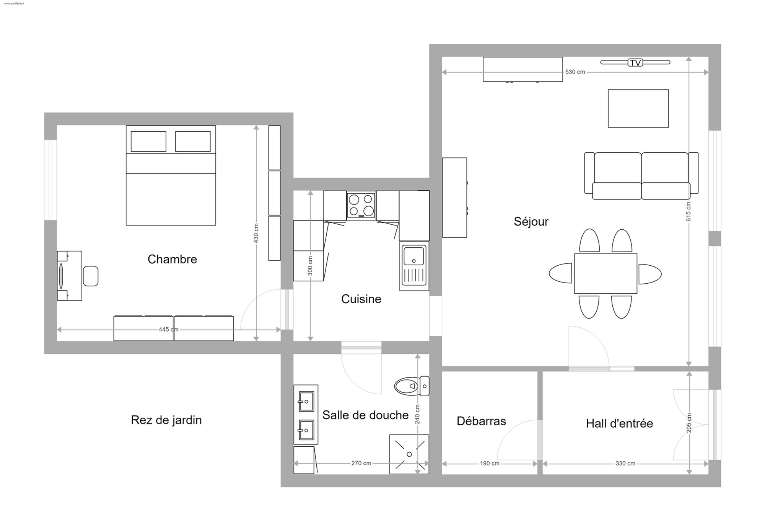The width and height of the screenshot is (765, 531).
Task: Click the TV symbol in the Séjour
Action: pos(635,62)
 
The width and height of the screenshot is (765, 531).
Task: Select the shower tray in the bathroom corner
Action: pos(409,454)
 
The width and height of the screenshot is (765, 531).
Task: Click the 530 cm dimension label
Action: pos(575,72)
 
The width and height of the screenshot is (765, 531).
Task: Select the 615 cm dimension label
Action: pos(688,211)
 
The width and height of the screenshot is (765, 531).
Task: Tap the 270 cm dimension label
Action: pos(361,463)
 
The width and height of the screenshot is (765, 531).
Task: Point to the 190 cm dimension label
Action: pos(490,464)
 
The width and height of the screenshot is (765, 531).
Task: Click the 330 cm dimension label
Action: pos(625,464)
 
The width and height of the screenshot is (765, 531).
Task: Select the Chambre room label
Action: pos(172,259)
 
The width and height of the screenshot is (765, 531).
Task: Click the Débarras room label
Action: pos(481,421)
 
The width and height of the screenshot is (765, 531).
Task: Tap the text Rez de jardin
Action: pos(166,420)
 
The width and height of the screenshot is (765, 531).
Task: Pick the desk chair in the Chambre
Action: pos(91,276)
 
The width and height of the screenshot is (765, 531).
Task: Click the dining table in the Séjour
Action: pos(605,274)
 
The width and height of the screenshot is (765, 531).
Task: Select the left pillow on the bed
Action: pos(148,142)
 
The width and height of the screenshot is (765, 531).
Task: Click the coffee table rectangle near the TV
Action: pos(638,108)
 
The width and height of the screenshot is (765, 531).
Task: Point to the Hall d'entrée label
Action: pos(619,423)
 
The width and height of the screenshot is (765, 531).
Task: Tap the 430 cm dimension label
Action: pos(256,233)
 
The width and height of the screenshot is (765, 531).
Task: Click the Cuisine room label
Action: pos(361,299)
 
